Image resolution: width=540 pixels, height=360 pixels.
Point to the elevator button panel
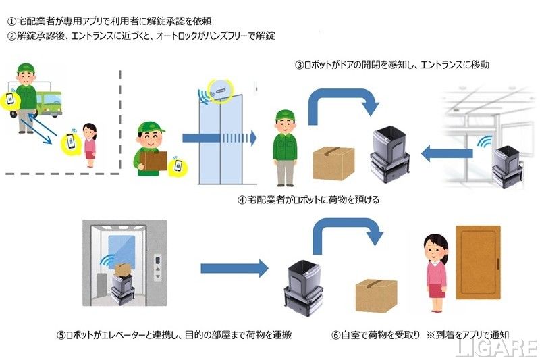pyautogui.click(x=157, y=267)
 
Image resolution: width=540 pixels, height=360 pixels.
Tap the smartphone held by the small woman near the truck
pyautogui.click(x=70, y=143)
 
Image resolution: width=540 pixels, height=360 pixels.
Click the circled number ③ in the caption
pyautogui.click(x=300, y=65)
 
